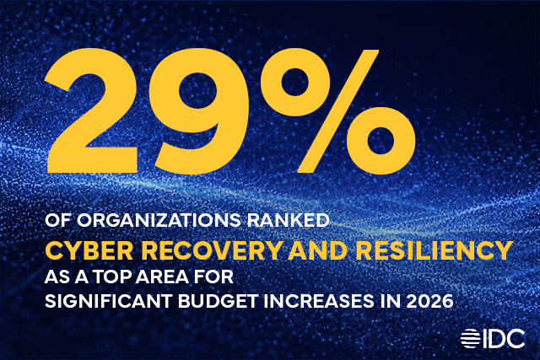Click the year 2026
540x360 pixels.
[401, 301]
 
